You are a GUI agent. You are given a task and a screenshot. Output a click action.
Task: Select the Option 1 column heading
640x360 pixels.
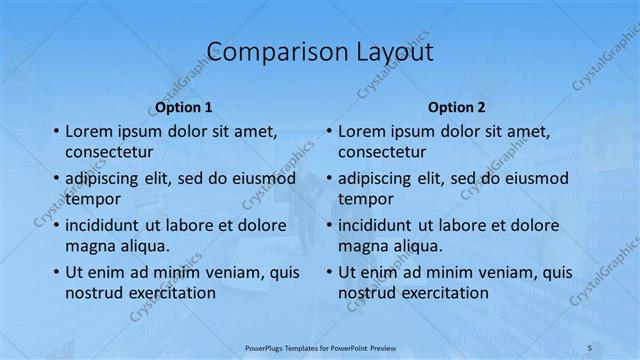tap(184, 106)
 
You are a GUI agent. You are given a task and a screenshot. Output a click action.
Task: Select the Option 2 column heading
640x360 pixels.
tap(456, 106)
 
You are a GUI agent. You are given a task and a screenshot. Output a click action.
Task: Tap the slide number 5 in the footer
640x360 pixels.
tap(590, 347)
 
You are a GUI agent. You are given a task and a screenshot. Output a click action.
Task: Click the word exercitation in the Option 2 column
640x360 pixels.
tap(439, 293)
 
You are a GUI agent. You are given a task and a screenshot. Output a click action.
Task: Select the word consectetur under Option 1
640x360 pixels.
tap(109, 153)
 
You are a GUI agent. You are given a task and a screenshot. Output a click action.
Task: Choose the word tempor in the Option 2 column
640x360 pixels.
tap(366, 199)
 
